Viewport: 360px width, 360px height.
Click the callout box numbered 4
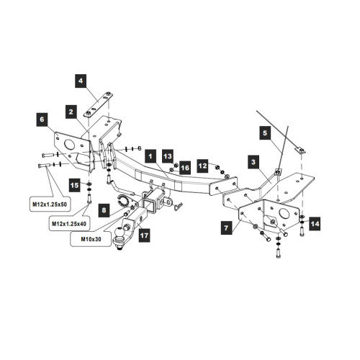click(81, 81)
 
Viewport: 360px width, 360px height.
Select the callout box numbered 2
click(71, 112)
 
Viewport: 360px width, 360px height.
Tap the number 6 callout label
click(42, 120)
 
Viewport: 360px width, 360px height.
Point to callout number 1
click(150, 156)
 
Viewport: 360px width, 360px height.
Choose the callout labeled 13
click(168, 156)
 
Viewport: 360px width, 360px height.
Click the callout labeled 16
click(185, 168)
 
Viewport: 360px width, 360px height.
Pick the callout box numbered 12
click(203, 166)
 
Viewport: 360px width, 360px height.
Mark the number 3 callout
click(253, 162)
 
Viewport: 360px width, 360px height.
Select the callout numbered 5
click(265, 133)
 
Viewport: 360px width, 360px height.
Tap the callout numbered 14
click(315, 224)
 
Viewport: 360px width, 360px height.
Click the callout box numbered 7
click(227, 228)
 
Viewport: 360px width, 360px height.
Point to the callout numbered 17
click(144, 235)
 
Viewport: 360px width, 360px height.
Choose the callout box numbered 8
click(104, 210)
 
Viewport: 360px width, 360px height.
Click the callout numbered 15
click(75, 185)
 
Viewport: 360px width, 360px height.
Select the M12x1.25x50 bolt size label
click(50, 204)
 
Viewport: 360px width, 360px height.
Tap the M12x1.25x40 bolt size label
click(69, 224)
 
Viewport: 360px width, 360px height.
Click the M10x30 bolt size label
click(91, 239)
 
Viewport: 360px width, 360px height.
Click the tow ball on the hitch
click(120, 233)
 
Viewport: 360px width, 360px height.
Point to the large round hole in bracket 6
click(70, 145)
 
